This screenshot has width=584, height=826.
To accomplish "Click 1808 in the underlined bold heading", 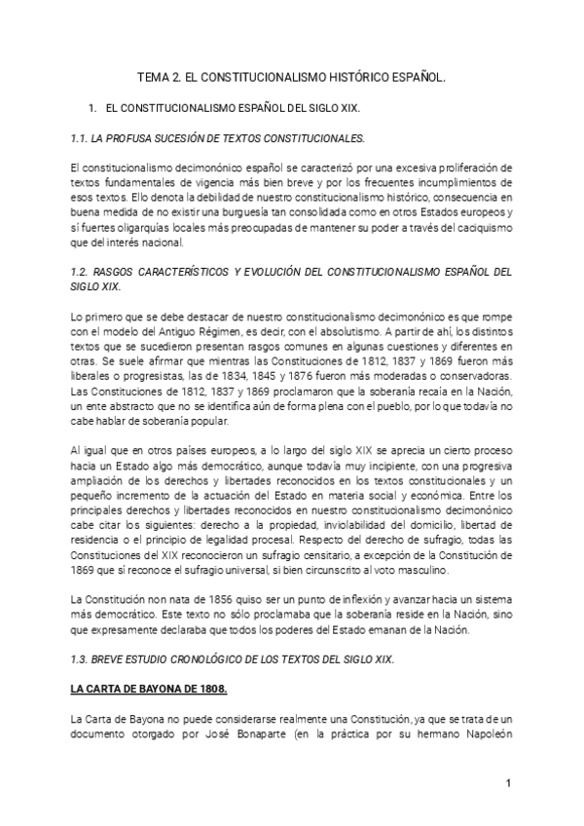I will [211, 691].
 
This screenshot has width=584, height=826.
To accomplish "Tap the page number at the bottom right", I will [508, 782].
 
